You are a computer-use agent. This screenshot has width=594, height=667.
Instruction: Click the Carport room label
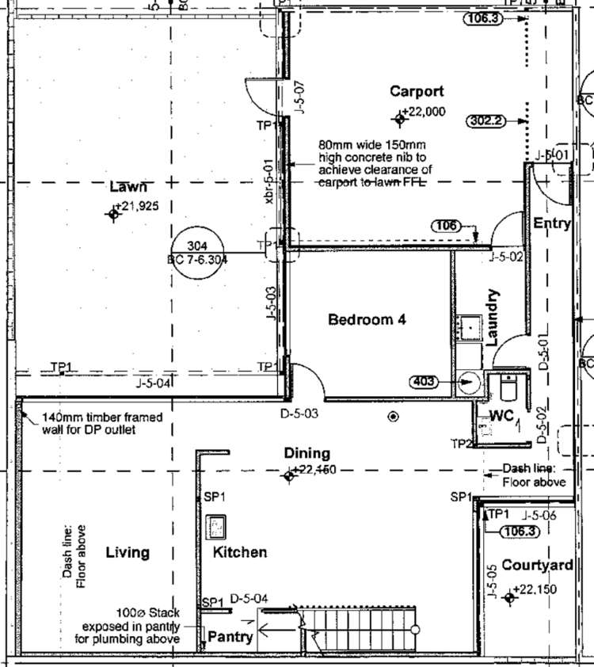(417, 92)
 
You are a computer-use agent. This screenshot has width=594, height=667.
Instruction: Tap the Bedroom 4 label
(367, 320)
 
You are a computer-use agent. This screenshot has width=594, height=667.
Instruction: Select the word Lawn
(128, 188)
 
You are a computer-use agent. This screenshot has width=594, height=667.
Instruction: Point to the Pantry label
(230, 636)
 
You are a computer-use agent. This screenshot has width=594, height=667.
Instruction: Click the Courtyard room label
(537, 566)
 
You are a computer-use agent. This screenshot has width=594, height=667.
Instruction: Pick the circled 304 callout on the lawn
(198, 253)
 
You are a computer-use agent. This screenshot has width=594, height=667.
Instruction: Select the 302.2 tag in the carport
(486, 121)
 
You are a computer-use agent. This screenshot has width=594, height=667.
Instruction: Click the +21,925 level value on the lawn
(137, 206)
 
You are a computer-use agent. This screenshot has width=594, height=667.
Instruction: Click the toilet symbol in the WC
(508, 389)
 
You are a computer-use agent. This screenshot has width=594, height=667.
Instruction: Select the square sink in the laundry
(470, 325)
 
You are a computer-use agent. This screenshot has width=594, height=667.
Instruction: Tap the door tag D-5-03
(300, 414)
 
